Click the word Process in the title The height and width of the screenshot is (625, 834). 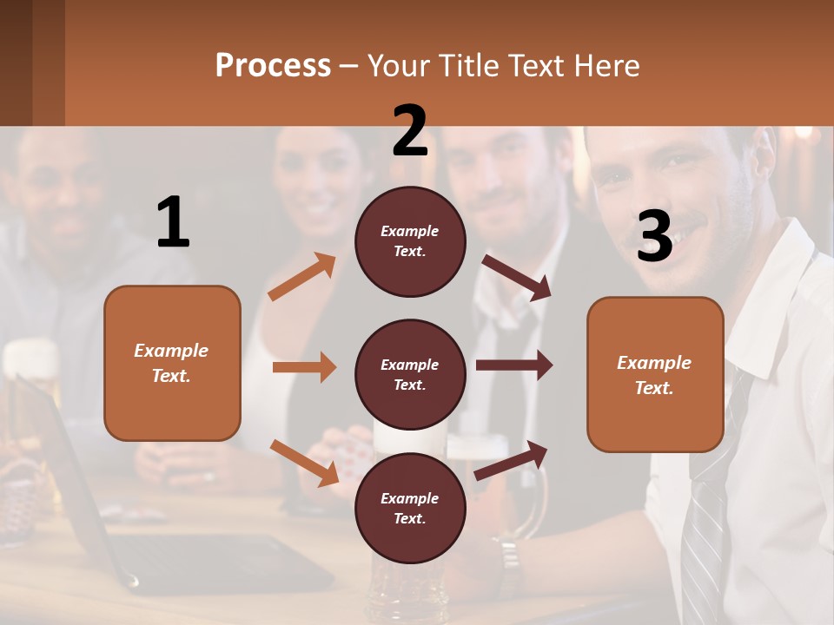(x=273, y=66)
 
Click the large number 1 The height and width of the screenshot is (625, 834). (x=173, y=223)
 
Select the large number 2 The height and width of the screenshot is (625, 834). (x=410, y=131)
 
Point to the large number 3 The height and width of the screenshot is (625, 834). (x=654, y=237)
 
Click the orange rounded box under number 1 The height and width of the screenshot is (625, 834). (x=172, y=363)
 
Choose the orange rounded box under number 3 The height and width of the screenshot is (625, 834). (x=655, y=374)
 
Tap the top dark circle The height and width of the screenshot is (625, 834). (x=410, y=241)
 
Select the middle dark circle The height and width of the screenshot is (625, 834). (x=410, y=374)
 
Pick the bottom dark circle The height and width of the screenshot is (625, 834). (x=410, y=508)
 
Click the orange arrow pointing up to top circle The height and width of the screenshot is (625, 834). (x=301, y=277)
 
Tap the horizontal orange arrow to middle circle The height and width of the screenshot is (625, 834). (x=304, y=367)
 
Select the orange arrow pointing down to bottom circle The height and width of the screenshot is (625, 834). (x=304, y=462)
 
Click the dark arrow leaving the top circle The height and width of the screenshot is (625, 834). (x=517, y=277)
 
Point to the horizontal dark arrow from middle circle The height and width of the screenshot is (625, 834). (x=513, y=365)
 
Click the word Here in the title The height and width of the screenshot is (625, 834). (x=606, y=66)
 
